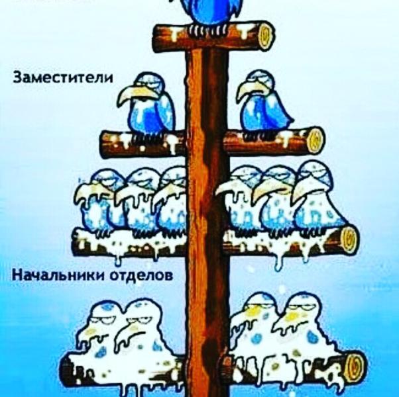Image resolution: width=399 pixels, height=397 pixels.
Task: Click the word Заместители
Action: point(63,78)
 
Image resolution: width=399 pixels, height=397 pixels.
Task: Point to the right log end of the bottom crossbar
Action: point(357,365)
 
